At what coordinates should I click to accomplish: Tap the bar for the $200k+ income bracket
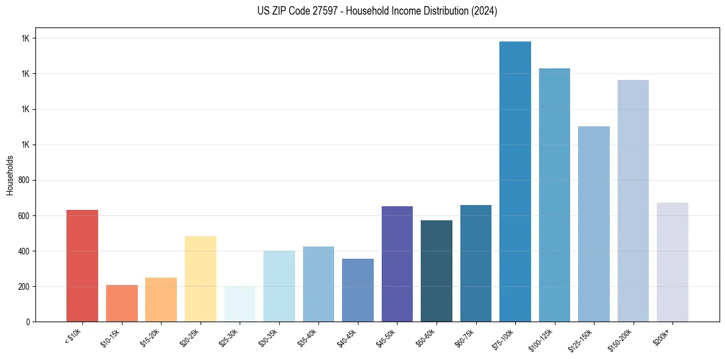coord(673,262)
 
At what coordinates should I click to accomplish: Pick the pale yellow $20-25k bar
coord(201,278)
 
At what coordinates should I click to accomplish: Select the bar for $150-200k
coord(633,201)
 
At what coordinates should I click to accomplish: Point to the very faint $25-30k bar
coord(240,304)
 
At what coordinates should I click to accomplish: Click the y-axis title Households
coord(10,175)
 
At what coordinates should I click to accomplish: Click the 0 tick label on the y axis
coord(28,322)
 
